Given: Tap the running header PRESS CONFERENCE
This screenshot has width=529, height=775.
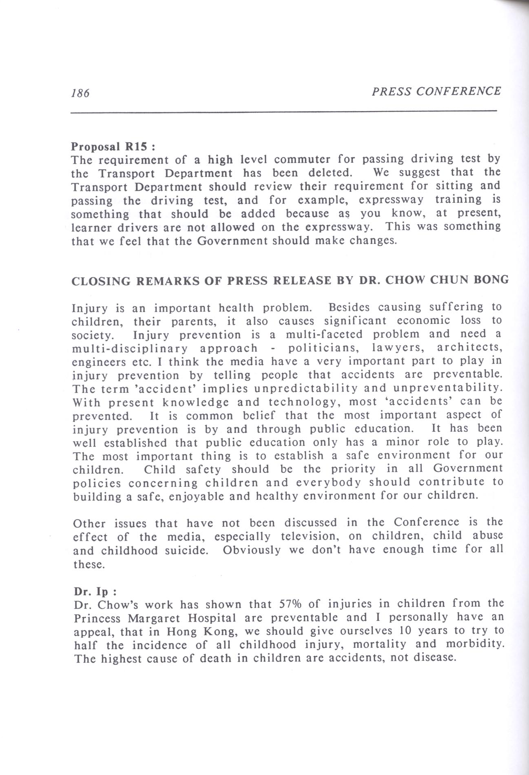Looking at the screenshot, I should tap(436, 91).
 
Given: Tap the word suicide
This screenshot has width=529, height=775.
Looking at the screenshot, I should tap(188, 550).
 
